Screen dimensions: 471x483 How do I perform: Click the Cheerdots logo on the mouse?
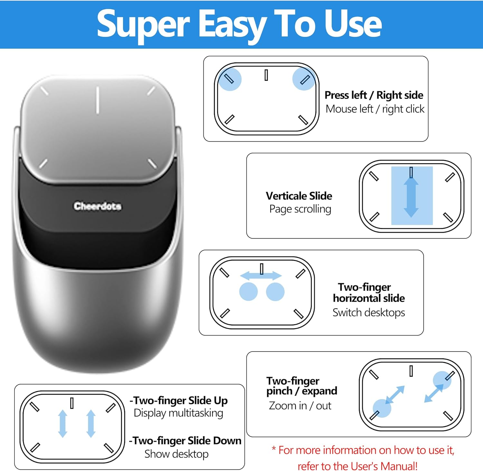point(97,206)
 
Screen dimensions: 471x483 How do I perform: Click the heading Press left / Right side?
point(374,95)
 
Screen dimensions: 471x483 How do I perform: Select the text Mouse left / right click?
point(375,109)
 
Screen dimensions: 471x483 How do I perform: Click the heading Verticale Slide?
point(299,196)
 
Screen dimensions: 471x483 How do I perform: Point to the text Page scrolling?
point(300,209)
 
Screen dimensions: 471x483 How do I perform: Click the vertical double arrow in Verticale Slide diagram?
point(411,197)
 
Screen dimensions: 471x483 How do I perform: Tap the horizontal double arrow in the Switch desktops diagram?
point(261,276)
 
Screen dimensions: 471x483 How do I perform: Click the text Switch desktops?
point(369,312)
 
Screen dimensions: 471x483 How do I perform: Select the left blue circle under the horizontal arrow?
point(248,292)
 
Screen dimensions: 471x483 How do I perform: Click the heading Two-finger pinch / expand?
point(301,386)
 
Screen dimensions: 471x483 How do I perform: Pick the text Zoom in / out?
point(300,406)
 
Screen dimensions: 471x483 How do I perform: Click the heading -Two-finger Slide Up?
point(179,400)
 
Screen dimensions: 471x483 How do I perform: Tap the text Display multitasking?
point(178,413)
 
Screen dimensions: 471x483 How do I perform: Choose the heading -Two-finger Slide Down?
point(185,440)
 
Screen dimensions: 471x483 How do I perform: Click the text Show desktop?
point(176,454)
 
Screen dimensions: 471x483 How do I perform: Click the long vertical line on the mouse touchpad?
point(97,100)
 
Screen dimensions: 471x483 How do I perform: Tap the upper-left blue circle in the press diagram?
point(229,79)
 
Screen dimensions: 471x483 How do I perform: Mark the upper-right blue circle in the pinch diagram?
point(442,380)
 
